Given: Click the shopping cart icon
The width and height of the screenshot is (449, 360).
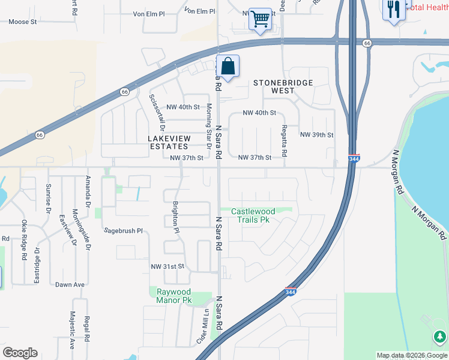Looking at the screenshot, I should (260, 19).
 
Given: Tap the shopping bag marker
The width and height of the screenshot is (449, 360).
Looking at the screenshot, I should (228, 67).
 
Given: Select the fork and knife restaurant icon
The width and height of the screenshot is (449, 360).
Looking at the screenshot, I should (394, 10).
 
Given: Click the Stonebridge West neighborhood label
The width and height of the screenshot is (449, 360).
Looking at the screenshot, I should (274, 86).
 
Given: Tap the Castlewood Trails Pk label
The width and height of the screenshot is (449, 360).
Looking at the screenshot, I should (254, 215).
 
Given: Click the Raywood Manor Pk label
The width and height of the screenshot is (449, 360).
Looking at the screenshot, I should (174, 296).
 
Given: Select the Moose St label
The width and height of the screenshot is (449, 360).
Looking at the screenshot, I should (23, 22).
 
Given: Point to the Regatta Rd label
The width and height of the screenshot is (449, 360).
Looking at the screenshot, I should (283, 142).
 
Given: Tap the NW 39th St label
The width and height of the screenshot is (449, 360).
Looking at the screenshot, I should (316, 135).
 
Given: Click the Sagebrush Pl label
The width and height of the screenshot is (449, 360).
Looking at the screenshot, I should (123, 230).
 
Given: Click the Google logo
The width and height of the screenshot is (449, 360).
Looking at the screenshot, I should (20, 353).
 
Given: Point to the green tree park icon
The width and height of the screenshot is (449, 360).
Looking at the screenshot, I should (439, 336).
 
